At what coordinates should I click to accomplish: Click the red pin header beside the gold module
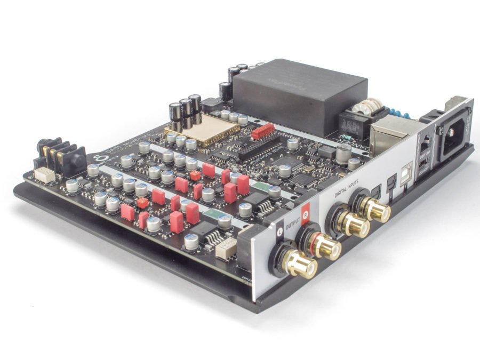click(262, 131)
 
